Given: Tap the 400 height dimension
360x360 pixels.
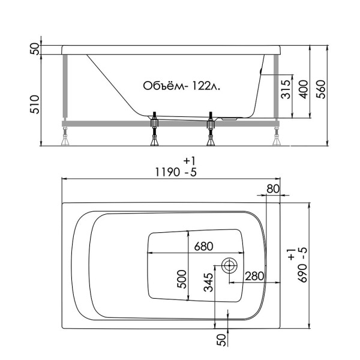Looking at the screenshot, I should (x=303, y=89).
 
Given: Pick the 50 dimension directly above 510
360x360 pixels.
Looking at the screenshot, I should (x=35, y=49).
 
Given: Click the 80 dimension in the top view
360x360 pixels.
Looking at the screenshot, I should (x=272, y=188).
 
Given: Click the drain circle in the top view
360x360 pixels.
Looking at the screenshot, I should (x=229, y=265).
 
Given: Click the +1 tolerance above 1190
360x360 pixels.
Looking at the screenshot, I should (x=190, y=160).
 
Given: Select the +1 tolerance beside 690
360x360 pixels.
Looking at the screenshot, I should (x=291, y=254).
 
